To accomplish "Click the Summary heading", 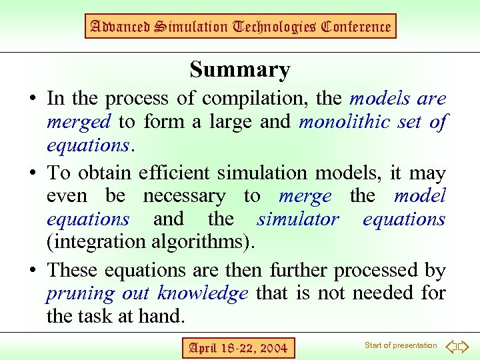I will pyautogui.click(x=239, y=69).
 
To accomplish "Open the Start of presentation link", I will pyautogui.click(x=400, y=345).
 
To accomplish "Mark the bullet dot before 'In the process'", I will pyautogui.click(x=32, y=100).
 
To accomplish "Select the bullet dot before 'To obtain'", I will pyautogui.click(x=32, y=174).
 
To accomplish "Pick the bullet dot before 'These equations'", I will pyautogui.click(x=32, y=271).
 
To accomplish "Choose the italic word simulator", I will pyautogui.click(x=298, y=219).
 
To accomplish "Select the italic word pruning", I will pyautogui.click(x=80, y=293).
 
